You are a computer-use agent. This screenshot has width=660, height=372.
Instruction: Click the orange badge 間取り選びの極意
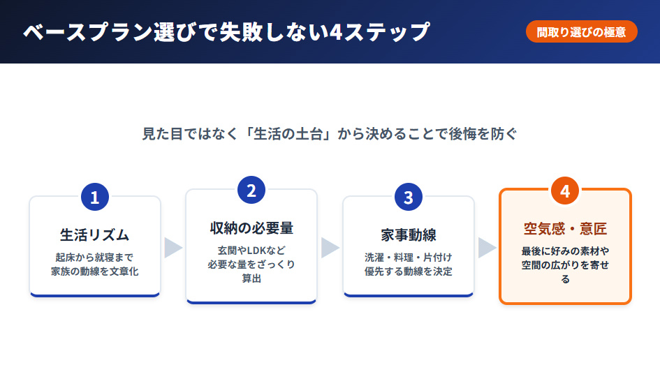(x=581, y=32)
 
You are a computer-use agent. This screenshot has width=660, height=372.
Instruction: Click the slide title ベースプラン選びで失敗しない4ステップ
(x=226, y=32)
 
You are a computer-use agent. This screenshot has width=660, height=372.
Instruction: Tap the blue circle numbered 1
(x=95, y=198)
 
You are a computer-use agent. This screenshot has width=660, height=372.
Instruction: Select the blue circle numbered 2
(x=251, y=191)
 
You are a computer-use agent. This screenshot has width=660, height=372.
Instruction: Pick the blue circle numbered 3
(x=409, y=198)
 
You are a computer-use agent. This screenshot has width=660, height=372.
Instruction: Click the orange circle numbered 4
(x=565, y=191)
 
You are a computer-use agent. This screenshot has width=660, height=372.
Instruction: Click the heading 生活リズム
(x=95, y=235)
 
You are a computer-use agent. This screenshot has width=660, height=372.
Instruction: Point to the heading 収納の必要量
(x=251, y=228)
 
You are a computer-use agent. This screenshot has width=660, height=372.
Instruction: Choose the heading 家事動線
(x=409, y=235)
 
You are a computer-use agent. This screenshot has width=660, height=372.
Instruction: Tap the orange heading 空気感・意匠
(x=565, y=228)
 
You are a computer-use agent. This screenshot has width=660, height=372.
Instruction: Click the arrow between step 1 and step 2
(x=173, y=247)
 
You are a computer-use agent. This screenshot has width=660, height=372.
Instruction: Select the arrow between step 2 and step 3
(x=330, y=247)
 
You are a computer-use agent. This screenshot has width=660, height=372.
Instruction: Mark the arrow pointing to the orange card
(x=487, y=247)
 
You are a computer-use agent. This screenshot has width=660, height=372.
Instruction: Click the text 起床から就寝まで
(x=95, y=256)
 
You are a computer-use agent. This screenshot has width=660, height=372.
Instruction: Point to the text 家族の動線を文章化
(x=95, y=271)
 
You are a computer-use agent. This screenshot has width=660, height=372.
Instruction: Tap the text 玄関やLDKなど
(x=251, y=249)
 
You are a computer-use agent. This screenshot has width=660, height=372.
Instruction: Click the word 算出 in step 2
(x=251, y=278)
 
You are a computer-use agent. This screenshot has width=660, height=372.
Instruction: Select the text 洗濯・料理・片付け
(x=409, y=256)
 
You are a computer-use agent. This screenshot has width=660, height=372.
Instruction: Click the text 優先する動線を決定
(x=409, y=271)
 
